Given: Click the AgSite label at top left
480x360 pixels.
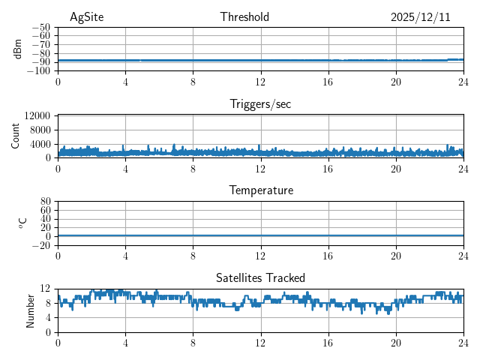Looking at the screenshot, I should click(86, 17).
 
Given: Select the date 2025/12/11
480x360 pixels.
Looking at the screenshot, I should click(420, 17).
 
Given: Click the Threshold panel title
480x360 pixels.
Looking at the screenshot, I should click(244, 17).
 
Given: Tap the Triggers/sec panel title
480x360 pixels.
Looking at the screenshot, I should click(260, 104).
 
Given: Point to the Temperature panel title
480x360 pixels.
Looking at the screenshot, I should click(260, 190).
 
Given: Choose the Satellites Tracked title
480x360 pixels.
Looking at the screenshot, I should click(260, 277).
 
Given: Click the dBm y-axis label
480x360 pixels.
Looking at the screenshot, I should click(18, 49).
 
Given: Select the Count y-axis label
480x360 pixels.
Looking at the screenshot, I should click(15, 136).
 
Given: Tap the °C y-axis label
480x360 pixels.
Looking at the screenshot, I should click(22, 223).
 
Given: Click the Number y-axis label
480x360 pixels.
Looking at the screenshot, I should click(30, 310).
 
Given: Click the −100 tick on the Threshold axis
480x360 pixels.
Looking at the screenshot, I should click(39, 71).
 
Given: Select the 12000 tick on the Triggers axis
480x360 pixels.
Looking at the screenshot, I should click(37, 115).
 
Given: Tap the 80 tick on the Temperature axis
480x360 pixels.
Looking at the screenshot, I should click(45, 202).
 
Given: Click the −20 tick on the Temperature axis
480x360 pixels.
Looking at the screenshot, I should click(41, 245).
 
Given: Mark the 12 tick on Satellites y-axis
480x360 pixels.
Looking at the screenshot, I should click(45, 289).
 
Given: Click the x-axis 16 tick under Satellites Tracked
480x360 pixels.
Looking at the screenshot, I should click(328, 343).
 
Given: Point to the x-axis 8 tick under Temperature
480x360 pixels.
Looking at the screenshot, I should click(193, 256).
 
